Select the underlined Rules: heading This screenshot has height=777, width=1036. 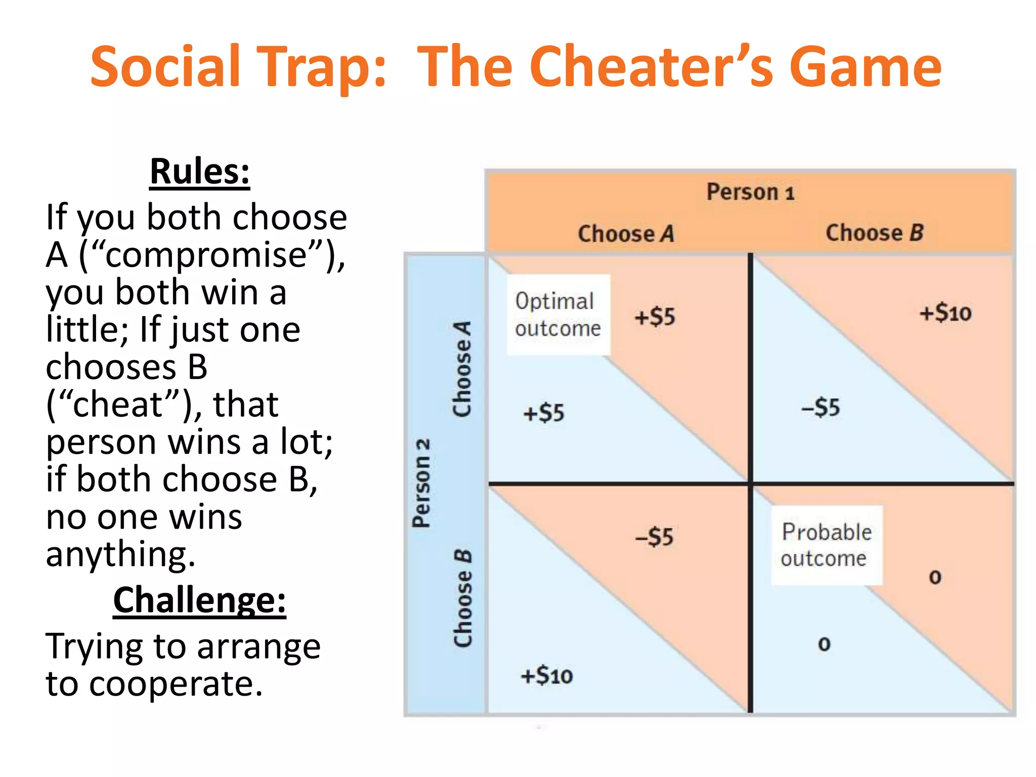pyautogui.click(x=200, y=172)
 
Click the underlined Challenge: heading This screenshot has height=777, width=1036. pyautogui.click(x=199, y=600)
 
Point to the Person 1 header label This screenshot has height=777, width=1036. pyautogui.click(x=750, y=192)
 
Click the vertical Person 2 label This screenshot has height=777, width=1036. pyautogui.click(x=421, y=483)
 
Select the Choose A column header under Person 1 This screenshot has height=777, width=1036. pyautogui.click(x=626, y=234)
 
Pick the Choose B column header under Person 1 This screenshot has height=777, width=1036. pyautogui.click(x=875, y=233)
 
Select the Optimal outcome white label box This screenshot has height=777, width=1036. pyautogui.click(x=558, y=315)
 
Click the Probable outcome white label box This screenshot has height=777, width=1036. pyautogui.click(x=826, y=545)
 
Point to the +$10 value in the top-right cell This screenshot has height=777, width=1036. pyautogui.click(x=945, y=313)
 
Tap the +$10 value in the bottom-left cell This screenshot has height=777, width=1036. pyautogui.click(x=547, y=676)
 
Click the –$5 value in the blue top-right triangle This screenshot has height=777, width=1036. pyautogui.click(x=821, y=407)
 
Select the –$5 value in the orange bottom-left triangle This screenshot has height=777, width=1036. pyautogui.click(x=655, y=537)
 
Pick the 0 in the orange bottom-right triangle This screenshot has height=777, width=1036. pyautogui.click(x=935, y=577)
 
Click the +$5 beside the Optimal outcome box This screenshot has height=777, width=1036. pyautogui.click(x=655, y=317)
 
